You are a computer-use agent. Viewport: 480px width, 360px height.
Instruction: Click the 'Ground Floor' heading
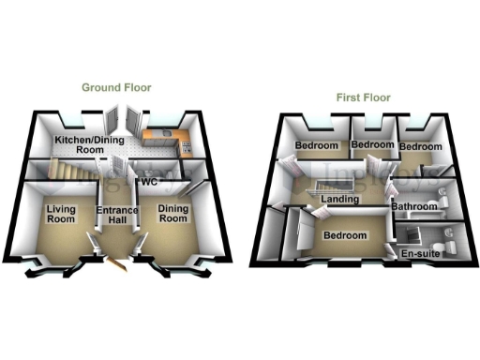point(116,87)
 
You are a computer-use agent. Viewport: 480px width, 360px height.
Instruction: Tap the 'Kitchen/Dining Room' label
point(78,144)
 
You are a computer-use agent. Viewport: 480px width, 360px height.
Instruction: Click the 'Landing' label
point(338,200)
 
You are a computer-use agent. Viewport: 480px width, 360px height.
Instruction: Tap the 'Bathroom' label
point(414,205)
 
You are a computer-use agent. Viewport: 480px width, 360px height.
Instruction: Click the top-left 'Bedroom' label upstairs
point(316,147)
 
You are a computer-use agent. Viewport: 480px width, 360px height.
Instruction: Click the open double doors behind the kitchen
point(121,122)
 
